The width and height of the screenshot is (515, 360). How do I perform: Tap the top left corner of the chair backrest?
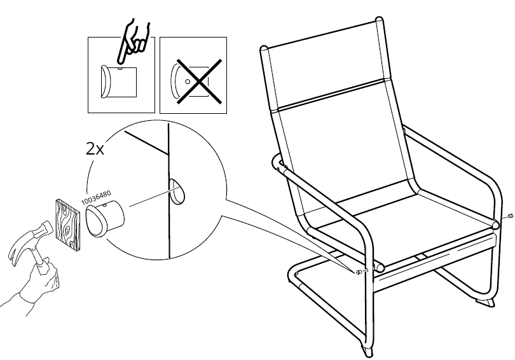(x=266, y=50)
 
